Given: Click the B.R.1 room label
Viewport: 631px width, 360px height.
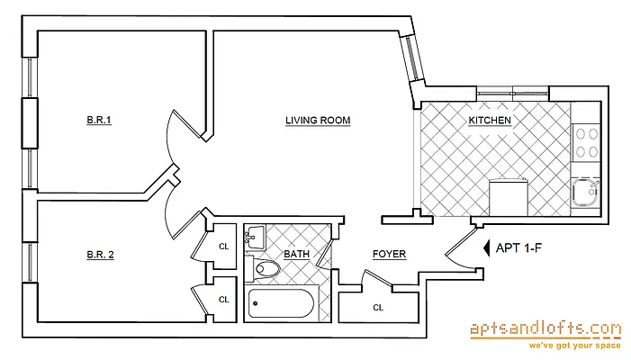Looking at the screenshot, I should coord(99,121).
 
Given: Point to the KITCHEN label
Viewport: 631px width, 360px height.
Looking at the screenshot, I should coord(490,121).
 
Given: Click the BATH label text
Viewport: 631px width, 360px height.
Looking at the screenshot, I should coord(297,255).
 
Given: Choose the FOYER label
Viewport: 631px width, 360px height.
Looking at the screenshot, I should coord(388,255).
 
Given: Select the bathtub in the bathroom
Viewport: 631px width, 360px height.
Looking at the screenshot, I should coord(279,303).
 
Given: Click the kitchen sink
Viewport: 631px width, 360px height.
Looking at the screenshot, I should coord(585,192).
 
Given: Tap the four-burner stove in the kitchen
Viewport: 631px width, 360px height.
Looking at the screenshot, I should coord(587,142).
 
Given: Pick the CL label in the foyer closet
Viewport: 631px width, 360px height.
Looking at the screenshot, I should coord(378,308).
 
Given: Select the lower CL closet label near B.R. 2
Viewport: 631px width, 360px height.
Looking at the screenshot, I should coord(224,301).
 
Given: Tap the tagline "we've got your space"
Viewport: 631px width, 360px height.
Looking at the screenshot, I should coord(545,345).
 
